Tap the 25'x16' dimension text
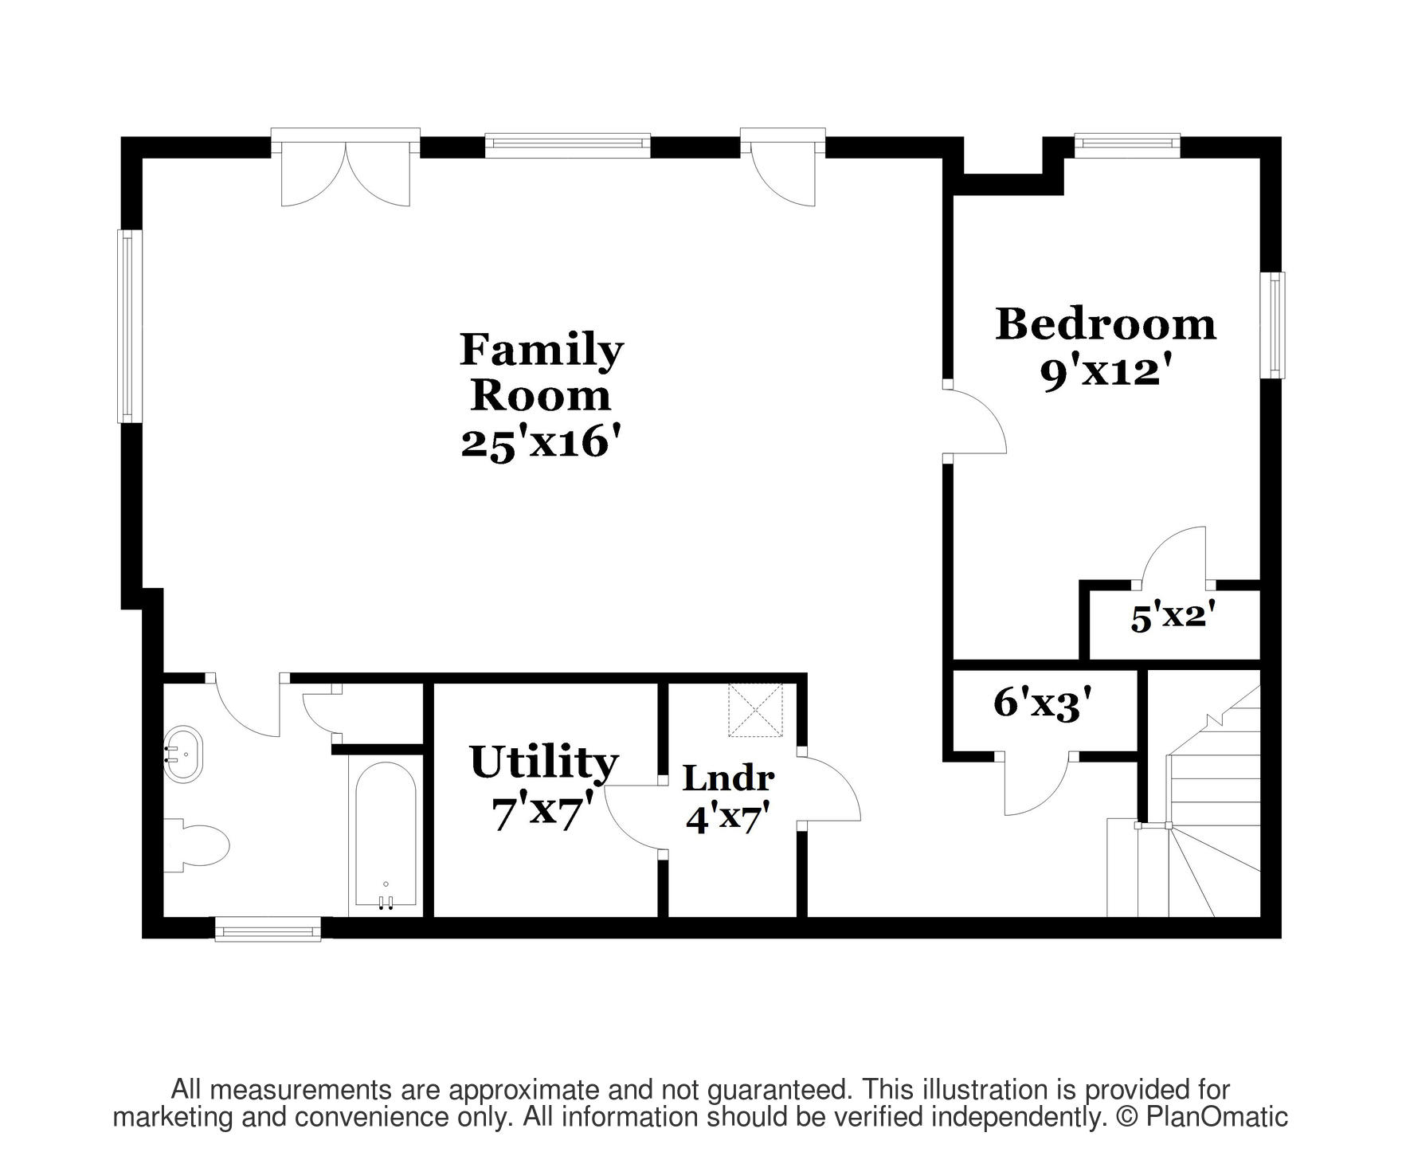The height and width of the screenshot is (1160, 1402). pos(542,442)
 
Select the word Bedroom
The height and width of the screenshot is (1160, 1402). pos(1106,324)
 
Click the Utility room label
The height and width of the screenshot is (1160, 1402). pos(544,762)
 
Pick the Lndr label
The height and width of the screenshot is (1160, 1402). pos(728,778)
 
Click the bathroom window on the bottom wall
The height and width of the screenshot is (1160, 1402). pos(268,928)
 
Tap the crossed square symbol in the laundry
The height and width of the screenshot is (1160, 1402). pos(755,710)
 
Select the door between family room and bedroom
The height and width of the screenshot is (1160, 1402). pos(975,421)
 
